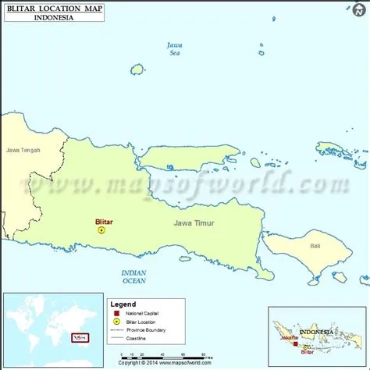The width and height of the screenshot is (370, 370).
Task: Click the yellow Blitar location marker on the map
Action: pos(101,230)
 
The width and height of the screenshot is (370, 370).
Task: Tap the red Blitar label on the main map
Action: pos(104,222)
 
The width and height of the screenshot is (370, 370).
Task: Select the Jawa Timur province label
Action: pos(194,223)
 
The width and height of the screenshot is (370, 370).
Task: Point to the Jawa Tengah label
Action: pos(23,150)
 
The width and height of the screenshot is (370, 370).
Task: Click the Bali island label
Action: pos(315,246)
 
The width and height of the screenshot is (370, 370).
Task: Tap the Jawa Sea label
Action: pos(175,49)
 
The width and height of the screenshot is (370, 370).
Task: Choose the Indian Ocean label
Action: pos(134,276)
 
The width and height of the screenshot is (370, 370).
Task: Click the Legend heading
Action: pos(123,304)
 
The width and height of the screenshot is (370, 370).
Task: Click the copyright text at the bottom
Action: pos(165,363)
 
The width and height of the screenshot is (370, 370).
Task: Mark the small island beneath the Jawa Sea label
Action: pos(137,69)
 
